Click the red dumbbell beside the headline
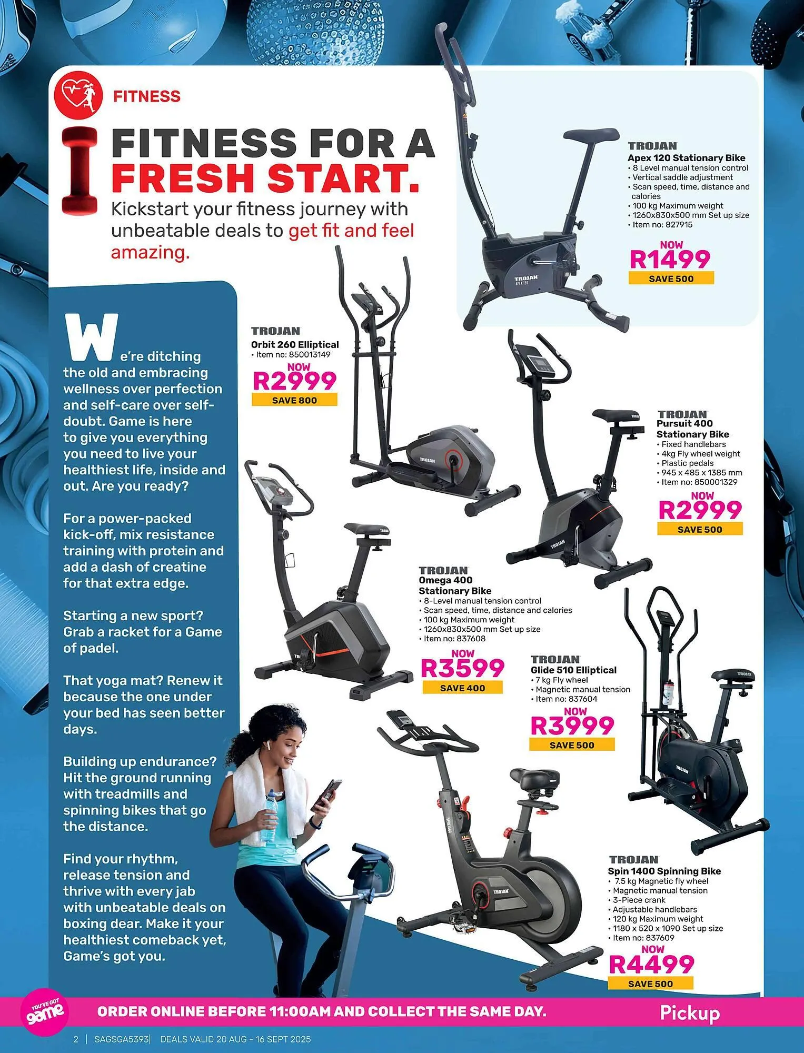pos(80,171)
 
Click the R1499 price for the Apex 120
pos(670,259)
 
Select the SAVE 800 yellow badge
pos(294,400)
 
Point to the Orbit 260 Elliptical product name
pos(295,344)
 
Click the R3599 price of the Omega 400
pos(462,668)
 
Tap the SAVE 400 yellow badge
pos(462,688)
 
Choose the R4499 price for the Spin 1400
pos(652,964)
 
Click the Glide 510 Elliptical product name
pos(573,670)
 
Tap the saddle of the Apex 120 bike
pos(591,134)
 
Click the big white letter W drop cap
pos(90,337)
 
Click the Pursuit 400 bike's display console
pos(534,362)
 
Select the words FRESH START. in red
pos(265,178)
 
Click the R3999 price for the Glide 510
pos(572,726)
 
